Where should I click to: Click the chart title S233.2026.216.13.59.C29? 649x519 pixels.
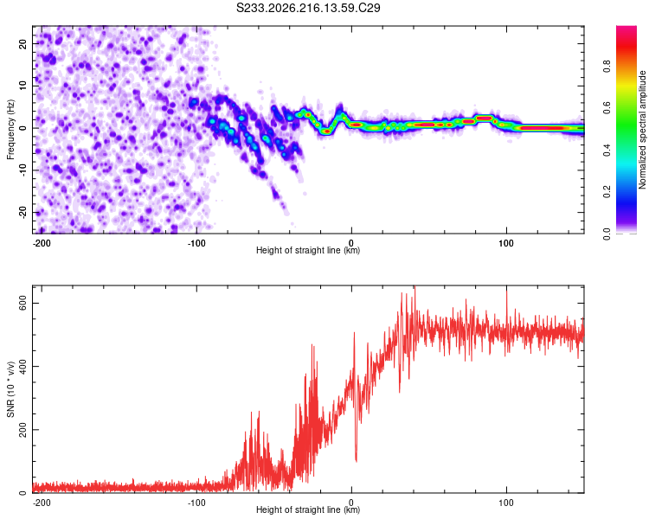308,8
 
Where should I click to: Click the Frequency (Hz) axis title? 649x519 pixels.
10,130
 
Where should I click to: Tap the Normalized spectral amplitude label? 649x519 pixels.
642,130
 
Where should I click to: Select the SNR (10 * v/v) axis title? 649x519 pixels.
10,389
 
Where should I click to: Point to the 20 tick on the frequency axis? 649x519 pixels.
22,43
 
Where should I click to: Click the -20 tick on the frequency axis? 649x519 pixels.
22,212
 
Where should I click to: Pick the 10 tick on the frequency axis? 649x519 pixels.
22,86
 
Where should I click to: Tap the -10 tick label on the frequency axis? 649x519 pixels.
22,170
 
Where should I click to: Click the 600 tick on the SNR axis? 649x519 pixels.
22,303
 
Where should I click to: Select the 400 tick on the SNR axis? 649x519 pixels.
22,366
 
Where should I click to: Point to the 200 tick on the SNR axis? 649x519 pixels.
22,430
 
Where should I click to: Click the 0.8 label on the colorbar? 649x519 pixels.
607,67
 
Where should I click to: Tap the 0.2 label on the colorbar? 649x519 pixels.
607,192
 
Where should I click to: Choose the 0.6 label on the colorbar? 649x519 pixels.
607,108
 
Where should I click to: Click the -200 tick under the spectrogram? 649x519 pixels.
42,243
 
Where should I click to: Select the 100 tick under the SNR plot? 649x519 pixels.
506,503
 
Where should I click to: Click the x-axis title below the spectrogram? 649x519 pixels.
308,250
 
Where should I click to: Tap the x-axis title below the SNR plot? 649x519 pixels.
308,509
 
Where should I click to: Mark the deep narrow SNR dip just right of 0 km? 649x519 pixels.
356,458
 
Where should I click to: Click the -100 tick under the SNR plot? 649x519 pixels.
196,503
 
